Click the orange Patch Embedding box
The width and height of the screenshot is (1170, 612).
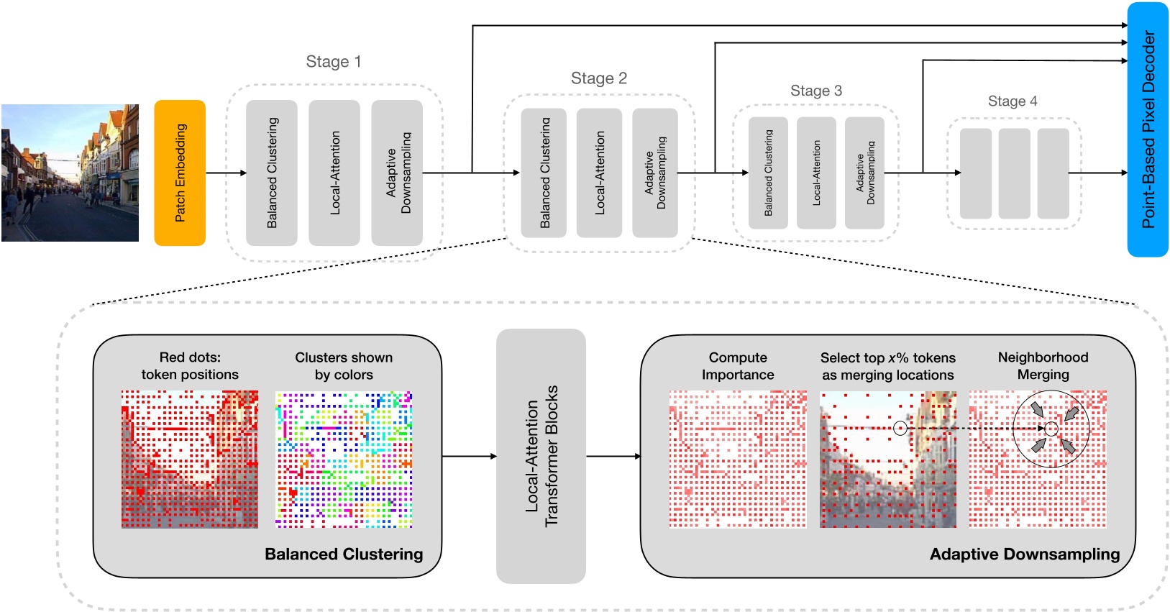[180, 173]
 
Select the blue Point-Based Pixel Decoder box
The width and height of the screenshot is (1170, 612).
[1147, 129]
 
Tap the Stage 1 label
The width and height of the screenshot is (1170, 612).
[333, 62]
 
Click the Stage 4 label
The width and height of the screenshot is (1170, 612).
[1012, 101]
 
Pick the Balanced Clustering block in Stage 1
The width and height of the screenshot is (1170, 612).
[271, 173]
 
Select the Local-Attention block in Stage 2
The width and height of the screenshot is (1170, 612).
[599, 173]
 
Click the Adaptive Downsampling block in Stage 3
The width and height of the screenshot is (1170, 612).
[864, 173]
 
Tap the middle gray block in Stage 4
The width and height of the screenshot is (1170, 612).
[1014, 173]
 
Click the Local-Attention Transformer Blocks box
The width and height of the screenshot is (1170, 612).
[541, 456]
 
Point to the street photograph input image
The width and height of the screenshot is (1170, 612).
[70, 173]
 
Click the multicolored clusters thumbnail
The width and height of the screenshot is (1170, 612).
[344, 460]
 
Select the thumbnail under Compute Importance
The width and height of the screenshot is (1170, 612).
[738, 460]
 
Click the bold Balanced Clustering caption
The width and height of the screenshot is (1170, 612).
[344, 554]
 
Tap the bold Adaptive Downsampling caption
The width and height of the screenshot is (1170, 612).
[1024, 554]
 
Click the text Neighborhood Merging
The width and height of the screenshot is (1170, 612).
[1043, 366]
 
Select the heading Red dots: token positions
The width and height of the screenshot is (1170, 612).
[190, 366]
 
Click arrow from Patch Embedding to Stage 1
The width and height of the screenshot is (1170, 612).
[226, 173]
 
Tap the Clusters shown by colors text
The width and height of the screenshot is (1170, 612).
[344, 366]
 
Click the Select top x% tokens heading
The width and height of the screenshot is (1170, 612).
[887, 358]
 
